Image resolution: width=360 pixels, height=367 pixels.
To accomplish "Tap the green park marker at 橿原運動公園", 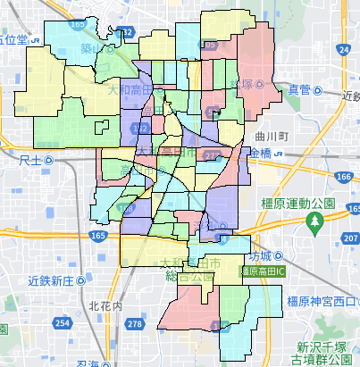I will pyautogui.click(x=315, y=219).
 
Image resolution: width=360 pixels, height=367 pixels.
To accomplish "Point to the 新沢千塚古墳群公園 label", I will pyautogui.click(x=326, y=352).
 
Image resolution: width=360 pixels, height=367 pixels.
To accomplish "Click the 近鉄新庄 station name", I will pyautogui.click(x=49, y=280).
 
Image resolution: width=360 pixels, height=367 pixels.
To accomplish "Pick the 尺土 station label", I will pyautogui.click(x=29, y=160).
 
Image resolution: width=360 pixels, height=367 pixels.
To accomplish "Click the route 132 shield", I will pyautogui.click(x=127, y=32).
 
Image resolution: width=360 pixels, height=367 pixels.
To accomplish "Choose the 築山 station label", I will pyautogui.click(x=92, y=49).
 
